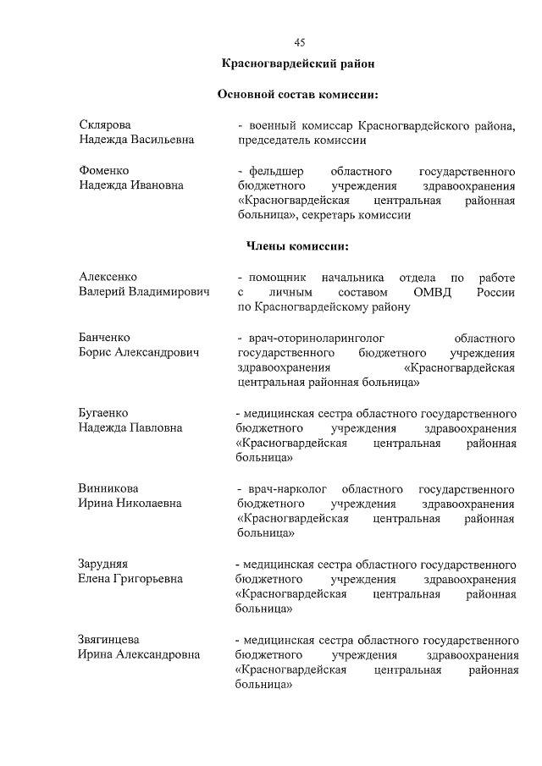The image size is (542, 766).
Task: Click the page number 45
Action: pyautogui.click(x=299, y=42)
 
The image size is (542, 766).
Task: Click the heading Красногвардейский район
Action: pyautogui.click(x=297, y=63)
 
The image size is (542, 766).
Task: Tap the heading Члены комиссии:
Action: pyautogui.click(x=297, y=246)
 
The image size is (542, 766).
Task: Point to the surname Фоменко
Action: pyautogui.click(x=104, y=170)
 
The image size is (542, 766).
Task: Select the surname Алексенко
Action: pyautogui.click(x=108, y=277)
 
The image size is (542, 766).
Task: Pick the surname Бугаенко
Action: pyautogui.click(x=103, y=413)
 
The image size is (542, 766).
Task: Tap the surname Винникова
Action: pyautogui.click(x=108, y=488)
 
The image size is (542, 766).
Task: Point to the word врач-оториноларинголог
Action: pyautogui.click(x=311, y=338)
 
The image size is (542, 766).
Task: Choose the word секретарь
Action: pyautogui.click(x=335, y=216)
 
